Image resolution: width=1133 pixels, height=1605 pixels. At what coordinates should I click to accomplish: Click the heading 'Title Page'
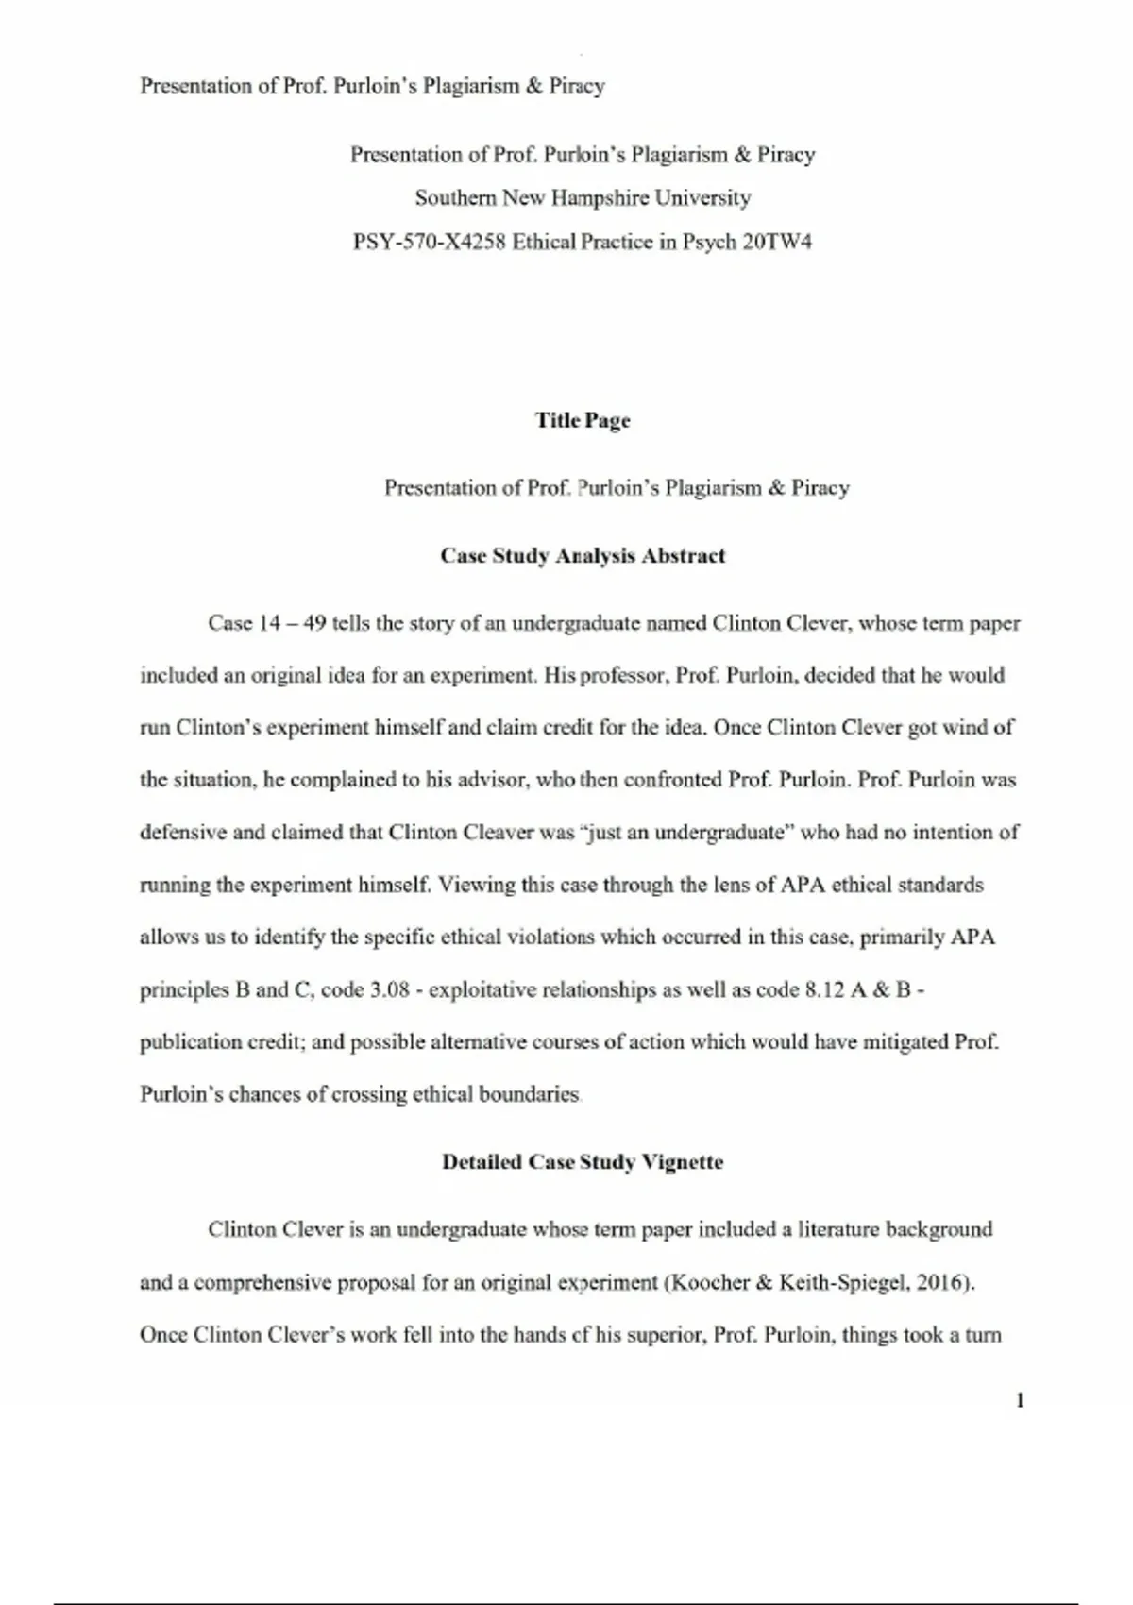[583, 420]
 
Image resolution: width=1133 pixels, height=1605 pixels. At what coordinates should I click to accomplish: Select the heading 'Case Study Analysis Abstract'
[583, 555]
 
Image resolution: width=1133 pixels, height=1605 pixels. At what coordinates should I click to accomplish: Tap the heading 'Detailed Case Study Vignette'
[583, 1162]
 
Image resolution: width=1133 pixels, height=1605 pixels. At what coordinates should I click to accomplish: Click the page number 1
[1020, 1400]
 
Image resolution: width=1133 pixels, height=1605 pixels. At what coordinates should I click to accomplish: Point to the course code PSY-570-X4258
[430, 242]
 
